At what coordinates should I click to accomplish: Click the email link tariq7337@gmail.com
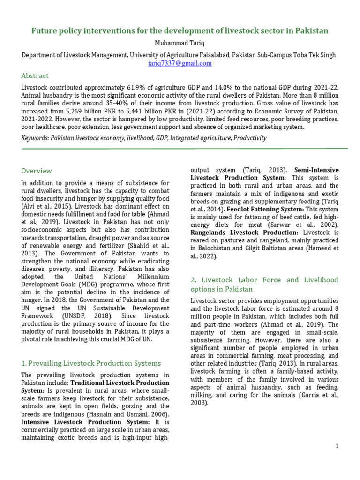coord(180,63)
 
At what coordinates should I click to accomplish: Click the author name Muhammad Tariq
coord(180,43)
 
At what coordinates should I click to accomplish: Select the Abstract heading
coord(35,75)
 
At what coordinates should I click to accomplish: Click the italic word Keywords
coord(37,138)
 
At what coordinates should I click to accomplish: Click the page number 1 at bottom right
coord(337,446)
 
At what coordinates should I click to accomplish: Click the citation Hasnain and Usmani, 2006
coord(132,414)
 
